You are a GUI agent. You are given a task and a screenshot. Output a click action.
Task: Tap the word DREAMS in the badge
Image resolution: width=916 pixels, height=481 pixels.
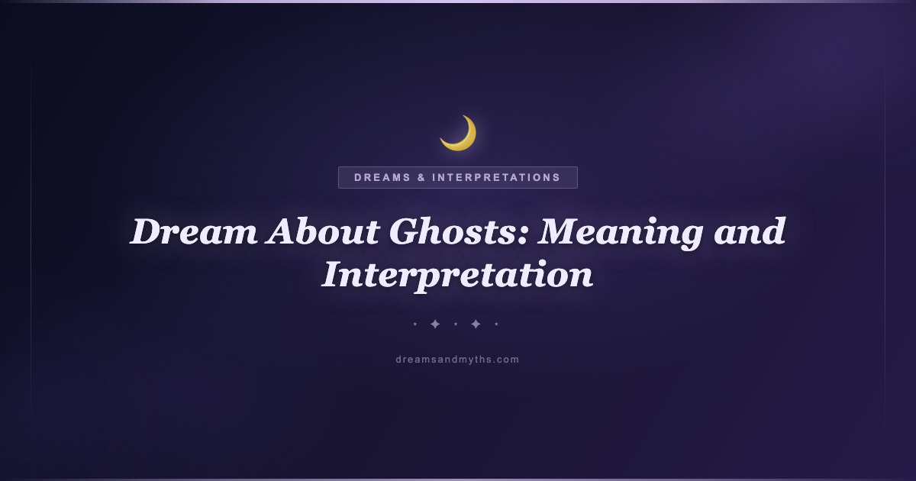point(382,177)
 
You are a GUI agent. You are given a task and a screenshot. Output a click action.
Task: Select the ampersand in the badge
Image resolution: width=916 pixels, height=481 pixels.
point(421,177)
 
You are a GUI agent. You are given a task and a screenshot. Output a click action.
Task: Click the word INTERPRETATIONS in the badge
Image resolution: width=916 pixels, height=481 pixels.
point(496,177)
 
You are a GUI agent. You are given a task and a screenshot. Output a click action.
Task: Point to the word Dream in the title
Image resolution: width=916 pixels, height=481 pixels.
point(194,231)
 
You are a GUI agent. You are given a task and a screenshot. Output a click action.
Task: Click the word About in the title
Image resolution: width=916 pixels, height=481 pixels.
point(323,231)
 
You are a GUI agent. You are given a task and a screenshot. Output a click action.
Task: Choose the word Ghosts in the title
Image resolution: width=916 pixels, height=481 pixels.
point(453,231)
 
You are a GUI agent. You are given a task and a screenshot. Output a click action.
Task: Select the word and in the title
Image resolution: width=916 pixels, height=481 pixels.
point(750,231)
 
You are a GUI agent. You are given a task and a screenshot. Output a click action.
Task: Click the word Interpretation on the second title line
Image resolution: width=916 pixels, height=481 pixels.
point(457,276)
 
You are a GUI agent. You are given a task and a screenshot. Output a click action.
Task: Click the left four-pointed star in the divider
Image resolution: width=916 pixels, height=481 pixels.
point(435,324)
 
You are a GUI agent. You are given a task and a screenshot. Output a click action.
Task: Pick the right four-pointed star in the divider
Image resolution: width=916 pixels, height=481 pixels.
point(476,324)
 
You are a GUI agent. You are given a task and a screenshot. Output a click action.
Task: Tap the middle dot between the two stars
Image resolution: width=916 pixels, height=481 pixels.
point(456,324)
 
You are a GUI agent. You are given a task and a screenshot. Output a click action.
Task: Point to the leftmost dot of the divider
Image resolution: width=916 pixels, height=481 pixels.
point(415,324)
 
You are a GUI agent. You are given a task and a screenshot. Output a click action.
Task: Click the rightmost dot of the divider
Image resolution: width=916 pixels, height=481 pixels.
point(496,324)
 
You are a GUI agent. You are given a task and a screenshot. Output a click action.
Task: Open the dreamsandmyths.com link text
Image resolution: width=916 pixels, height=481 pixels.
point(457,360)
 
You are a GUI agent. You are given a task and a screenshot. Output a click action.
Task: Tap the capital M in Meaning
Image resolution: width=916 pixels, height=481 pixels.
point(562,231)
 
